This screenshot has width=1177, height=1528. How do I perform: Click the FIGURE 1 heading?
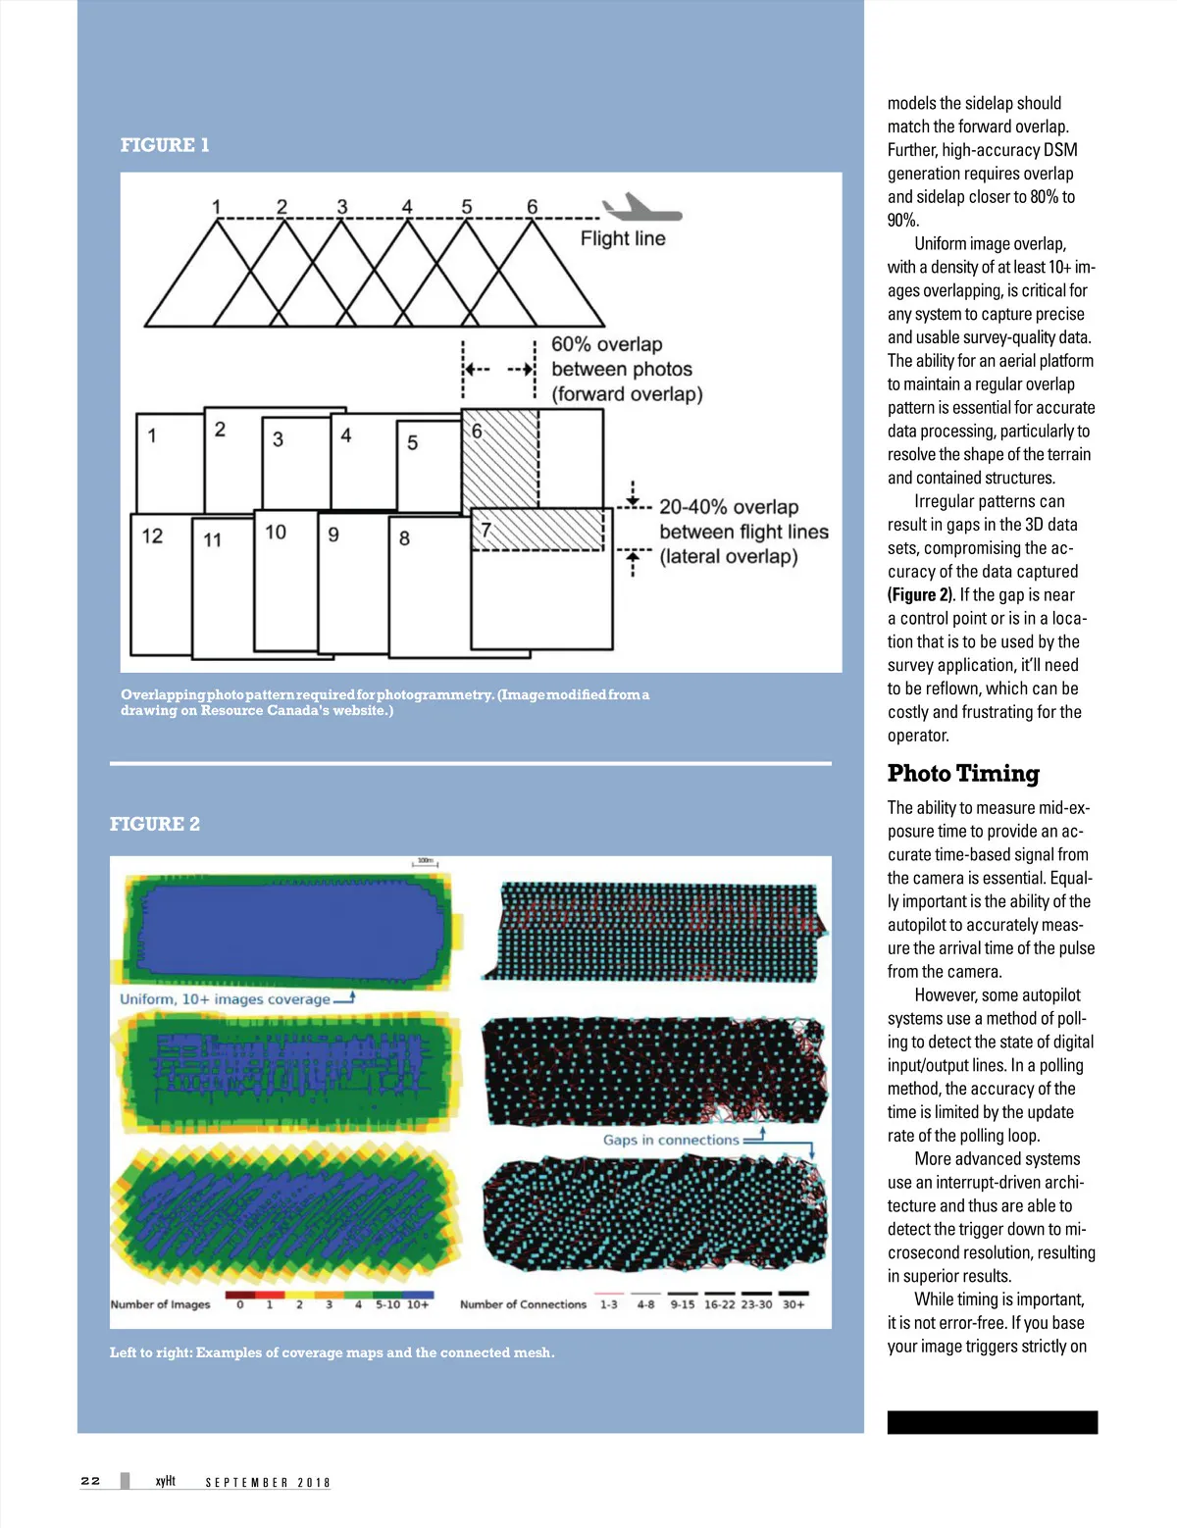pyautogui.click(x=165, y=145)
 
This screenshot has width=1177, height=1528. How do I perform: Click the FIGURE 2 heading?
pyautogui.click(x=155, y=824)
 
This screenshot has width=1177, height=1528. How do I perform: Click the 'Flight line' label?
pyautogui.click(x=623, y=238)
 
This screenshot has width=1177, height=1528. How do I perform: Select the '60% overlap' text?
pyautogui.click(x=606, y=344)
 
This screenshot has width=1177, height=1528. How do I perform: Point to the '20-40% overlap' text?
pyautogui.click(x=728, y=507)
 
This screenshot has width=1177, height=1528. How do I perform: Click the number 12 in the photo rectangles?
pyautogui.click(x=152, y=535)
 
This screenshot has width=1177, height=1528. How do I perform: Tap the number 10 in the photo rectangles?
pyautogui.click(x=276, y=532)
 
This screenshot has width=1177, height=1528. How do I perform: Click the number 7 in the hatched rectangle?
pyautogui.click(x=486, y=531)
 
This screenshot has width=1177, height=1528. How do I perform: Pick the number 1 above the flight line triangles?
pyautogui.click(x=216, y=207)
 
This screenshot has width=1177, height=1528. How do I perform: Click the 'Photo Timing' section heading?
pyautogui.click(x=962, y=773)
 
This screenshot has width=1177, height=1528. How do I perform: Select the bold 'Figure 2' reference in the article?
pyautogui.click(x=920, y=595)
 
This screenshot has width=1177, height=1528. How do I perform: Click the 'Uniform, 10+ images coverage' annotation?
pyautogui.click(x=225, y=999)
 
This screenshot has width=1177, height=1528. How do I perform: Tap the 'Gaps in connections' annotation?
pyautogui.click(x=671, y=1140)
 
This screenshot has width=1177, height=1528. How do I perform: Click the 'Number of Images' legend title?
pyautogui.click(x=160, y=1304)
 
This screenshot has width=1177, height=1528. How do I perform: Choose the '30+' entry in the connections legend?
pyautogui.click(x=793, y=1304)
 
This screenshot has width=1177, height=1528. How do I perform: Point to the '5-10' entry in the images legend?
pyautogui.click(x=387, y=1304)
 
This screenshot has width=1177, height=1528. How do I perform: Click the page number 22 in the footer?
pyautogui.click(x=90, y=1481)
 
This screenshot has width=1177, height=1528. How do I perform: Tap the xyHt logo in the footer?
pyautogui.click(x=166, y=1481)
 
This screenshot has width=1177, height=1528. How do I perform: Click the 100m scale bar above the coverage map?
pyautogui.click(x=425, y=863)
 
